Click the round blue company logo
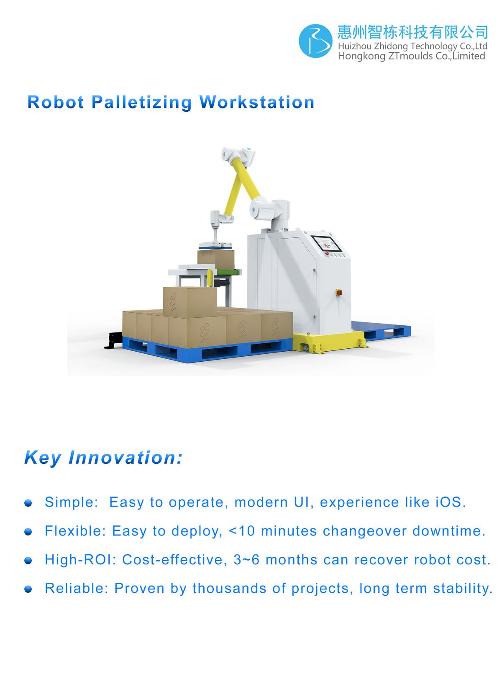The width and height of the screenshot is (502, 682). [315, 41]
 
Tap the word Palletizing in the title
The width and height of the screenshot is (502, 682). [141, 102]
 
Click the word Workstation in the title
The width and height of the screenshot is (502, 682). [257, 102]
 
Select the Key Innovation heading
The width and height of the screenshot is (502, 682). [103, 457]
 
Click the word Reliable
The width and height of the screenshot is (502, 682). [77, 588]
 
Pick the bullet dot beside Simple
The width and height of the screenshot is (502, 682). [28, 503]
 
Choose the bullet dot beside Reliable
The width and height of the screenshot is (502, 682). [28, 589]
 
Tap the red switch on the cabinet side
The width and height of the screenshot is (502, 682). [338, 293]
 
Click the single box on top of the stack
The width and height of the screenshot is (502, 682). [190, 302]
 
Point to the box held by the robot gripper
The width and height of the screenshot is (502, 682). [216, 260]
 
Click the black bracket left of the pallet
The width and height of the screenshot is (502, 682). [113, 341]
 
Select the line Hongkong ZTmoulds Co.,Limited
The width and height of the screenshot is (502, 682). [411, 56]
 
